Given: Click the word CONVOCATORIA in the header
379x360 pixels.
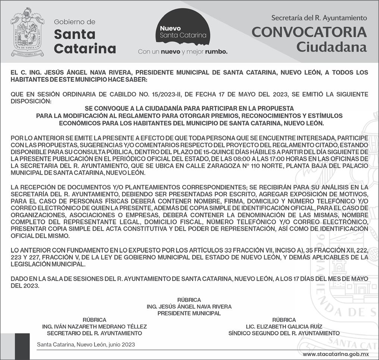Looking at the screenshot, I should coord(309,32).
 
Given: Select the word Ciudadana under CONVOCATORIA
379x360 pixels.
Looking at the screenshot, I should coord(332,47).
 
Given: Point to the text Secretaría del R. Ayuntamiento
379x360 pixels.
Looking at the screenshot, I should coord(319,18).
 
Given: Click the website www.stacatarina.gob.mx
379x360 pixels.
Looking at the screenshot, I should coord(335,354).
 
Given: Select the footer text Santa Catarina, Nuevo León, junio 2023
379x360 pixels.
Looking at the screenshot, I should coord(86,345).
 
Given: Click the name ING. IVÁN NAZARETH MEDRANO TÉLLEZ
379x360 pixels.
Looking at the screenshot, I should coord(94,326).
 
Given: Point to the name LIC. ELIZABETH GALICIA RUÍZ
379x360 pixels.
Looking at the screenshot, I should coord(284,326).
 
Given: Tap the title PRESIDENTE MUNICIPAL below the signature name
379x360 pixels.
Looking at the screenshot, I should coord(189,313).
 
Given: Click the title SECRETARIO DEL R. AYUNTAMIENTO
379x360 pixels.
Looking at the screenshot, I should coord(94,333).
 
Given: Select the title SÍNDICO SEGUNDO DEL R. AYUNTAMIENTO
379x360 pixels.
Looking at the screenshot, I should coord(284,333).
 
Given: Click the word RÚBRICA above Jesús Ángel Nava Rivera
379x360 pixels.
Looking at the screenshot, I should coord(189,300).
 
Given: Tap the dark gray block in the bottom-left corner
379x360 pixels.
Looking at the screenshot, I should coord(22,346).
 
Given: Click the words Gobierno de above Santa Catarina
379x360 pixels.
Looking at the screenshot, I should coord(75,22).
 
